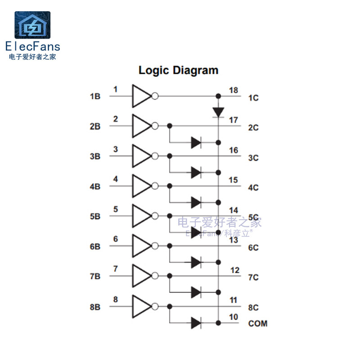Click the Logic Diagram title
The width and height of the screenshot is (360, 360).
pos(178,70)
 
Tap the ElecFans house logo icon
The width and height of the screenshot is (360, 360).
pos(32,25)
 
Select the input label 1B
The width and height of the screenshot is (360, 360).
pos(95,96)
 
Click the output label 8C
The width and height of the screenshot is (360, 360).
pos(253,308)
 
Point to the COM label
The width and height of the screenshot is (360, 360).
pos(258,323)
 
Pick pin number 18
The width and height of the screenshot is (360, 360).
pos(233,90)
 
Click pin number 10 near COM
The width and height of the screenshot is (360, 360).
pos(233,317)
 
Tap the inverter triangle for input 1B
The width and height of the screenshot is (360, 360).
pos(141,96)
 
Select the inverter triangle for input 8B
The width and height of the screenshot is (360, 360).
pos(141,306)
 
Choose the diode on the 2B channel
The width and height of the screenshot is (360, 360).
pos(196,143)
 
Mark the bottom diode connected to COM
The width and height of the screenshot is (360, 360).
pos(196,323)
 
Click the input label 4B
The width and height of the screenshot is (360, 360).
pos(95,186)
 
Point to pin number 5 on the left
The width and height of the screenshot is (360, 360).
pos(116,209)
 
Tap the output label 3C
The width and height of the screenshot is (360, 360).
pos(253,158)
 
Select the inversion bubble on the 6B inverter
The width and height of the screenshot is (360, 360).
pos(155,246)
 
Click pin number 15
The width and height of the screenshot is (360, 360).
pos(233,180)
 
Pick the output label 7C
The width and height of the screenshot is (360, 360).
pos(253,277)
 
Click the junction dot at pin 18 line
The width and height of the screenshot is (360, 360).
pos(218,96)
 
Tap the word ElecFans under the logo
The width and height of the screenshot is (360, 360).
pos(32,46)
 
